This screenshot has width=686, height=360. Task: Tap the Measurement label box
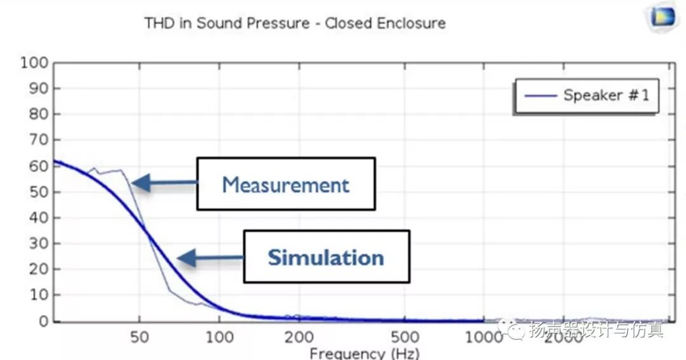pos(286,184)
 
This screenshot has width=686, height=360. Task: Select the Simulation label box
pos(326,257)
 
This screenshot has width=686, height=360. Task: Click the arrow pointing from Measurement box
pos(164,183)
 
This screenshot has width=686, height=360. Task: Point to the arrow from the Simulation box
pos(210,258)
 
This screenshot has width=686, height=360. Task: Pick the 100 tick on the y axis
pos(34,62)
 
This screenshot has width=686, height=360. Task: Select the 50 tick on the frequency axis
pos(140,336)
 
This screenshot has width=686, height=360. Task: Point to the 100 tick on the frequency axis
pos(219,336)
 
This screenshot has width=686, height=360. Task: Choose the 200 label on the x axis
pos(299,336)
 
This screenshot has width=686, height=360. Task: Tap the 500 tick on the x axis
pos(405,336)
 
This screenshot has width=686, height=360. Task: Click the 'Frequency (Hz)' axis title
pos(364,353)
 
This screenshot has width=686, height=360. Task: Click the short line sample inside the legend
pos(541,96)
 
